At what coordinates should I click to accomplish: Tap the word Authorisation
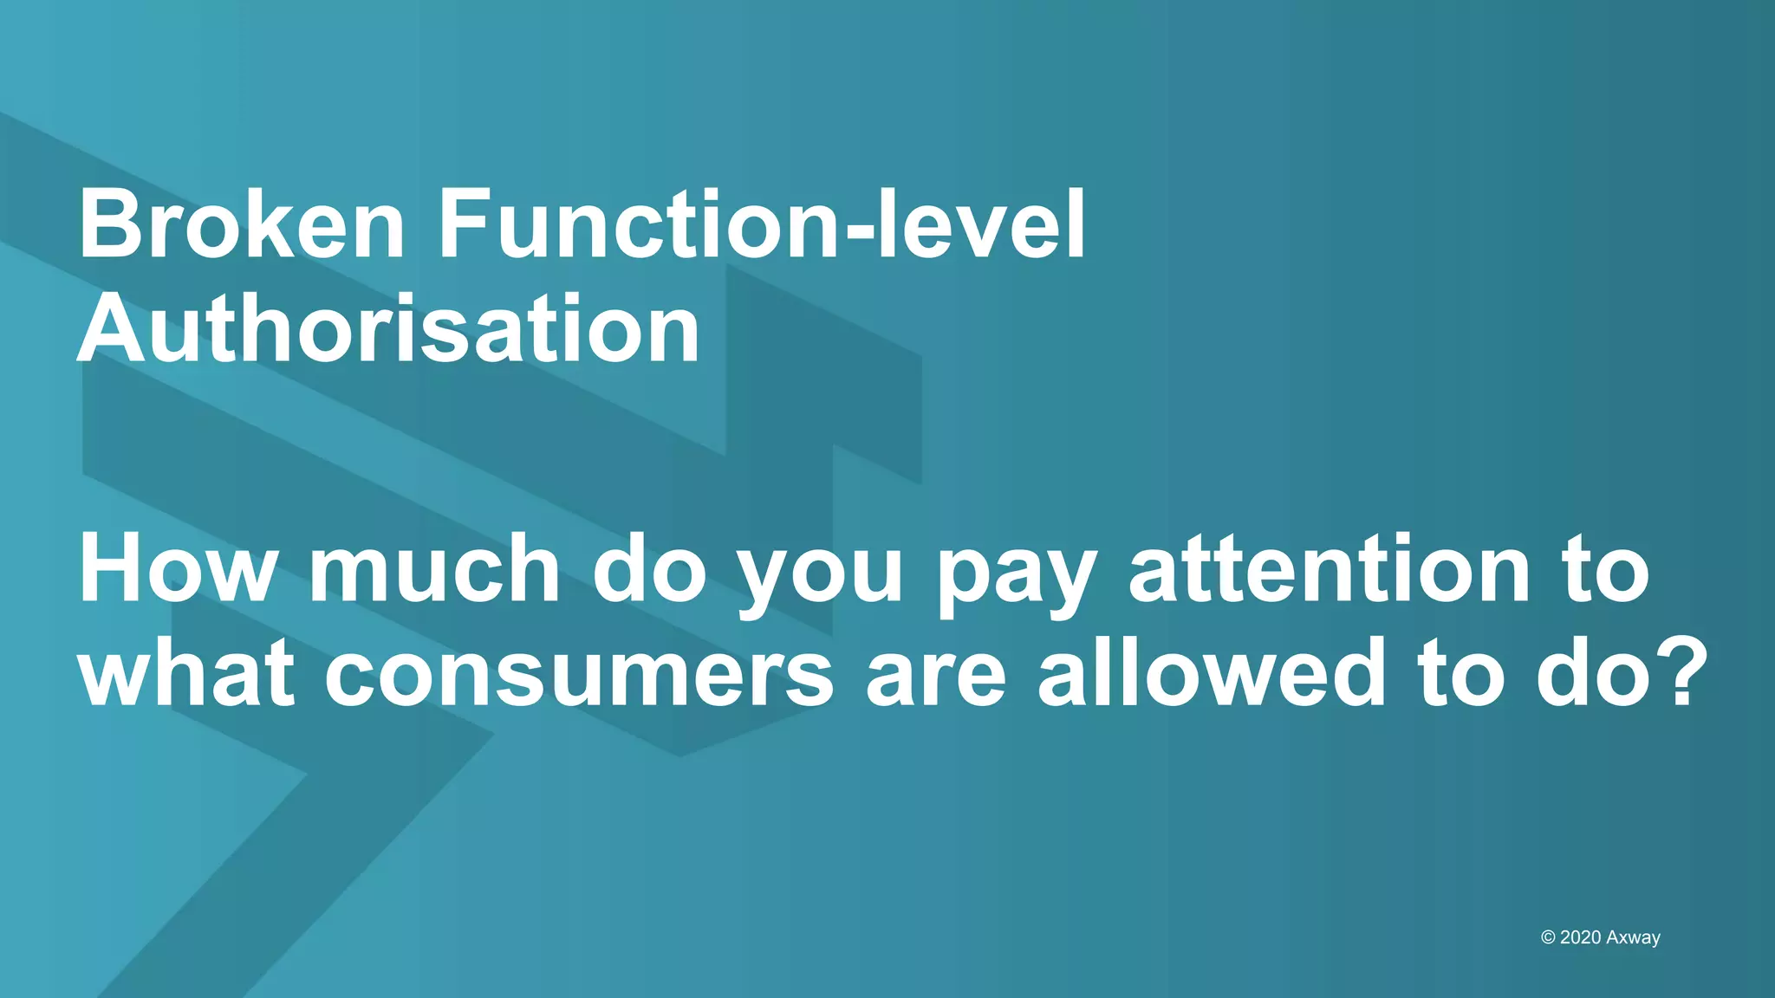[389, 330]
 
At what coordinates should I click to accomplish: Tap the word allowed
[1212, 674]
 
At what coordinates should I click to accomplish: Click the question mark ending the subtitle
[1672, 672]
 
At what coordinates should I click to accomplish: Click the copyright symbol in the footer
[1548, 937]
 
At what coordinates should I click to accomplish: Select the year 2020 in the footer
[1580, 937]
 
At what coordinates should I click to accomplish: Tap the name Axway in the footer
[1633, 938]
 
